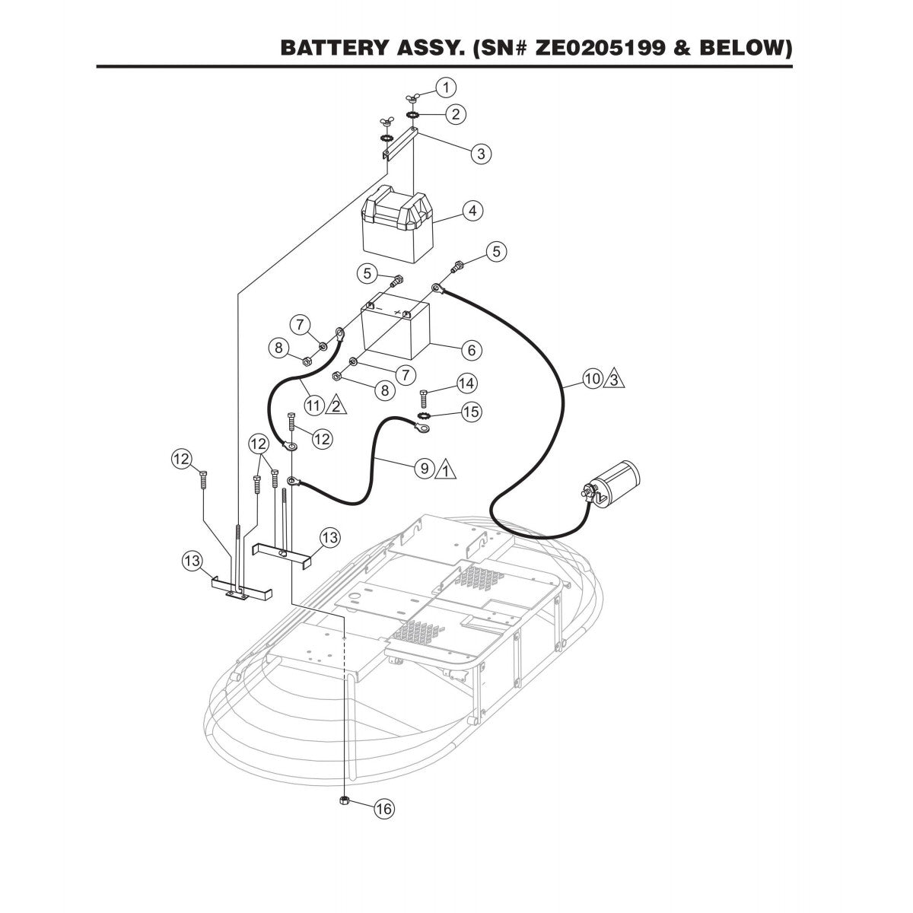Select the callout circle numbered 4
point(472,210)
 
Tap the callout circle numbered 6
point(472,349)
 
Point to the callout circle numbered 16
point(385,809)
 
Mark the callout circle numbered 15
point(472,412)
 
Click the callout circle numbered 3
point(480,153)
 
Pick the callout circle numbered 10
point(593,377)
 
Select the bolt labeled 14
point(425,396)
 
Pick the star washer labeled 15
point(425,416)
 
